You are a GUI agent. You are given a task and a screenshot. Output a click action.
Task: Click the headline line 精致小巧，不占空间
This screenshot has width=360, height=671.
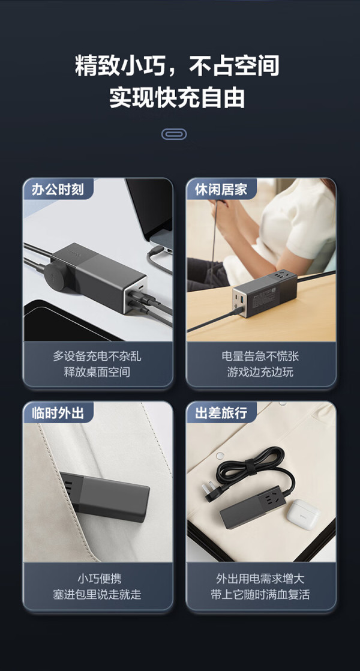pyautogui.click(x=178, y=67)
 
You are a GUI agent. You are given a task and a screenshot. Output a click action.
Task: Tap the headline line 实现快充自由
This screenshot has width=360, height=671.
pyautogui.click(x=178, y=98)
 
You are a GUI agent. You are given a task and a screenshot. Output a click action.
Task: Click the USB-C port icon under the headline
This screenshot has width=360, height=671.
pyautogui.click(x=174, y=134)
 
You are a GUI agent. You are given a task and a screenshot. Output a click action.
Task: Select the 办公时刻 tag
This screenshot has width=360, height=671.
pyautogui.click(x=57, y=188)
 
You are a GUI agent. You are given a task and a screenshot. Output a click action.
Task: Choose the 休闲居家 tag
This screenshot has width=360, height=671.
pyautogui.click(x=221, y=188)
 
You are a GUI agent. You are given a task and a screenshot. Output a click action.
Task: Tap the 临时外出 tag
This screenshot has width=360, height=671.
pyautogui.click(x=57, y=412)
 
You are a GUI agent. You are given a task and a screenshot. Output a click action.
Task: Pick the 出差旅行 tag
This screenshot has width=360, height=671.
pyautogui.click(x=221, y=412)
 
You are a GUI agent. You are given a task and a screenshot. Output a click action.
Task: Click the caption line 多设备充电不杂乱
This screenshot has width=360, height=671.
pyautogui.click(x=97, y=356)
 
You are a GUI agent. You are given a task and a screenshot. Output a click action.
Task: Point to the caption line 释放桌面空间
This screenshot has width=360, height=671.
pyautogui.click(x=97, y=372)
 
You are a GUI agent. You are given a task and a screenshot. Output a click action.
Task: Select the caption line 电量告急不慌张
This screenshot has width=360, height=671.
pyautogui.click(x=260, y=356)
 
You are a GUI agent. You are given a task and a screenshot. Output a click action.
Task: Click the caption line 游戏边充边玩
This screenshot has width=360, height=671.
pyautogui.click(x=260, y=372)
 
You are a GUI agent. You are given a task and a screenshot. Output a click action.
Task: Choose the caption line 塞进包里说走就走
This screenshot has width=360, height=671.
pyautogui.click(x=97, y=594)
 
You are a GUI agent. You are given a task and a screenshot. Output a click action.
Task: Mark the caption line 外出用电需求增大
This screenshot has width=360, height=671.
pyautogui.click(x=260, y=579)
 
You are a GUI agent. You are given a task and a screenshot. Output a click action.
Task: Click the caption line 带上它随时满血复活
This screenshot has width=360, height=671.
pyautogui.click(x=260, y=594)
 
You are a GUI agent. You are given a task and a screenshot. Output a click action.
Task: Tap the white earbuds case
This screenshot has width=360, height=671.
pyautogui.click(x=303, y=514)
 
